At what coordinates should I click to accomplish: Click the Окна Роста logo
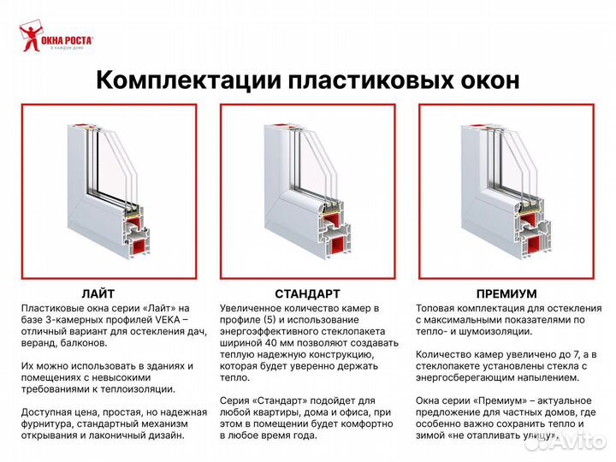tap(56, 38)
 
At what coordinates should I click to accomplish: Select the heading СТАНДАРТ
tap(307, 293)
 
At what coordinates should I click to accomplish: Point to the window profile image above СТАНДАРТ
tap(307, 192)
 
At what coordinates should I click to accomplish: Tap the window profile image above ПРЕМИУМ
tap(506, 192)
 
